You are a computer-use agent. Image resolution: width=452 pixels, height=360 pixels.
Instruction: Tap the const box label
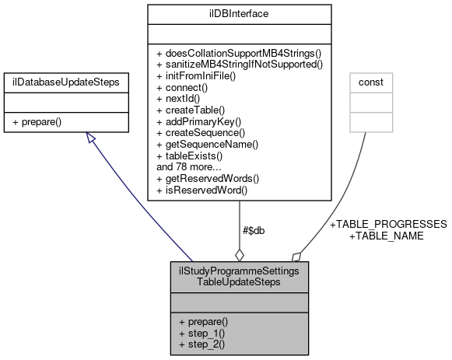click(370, 81)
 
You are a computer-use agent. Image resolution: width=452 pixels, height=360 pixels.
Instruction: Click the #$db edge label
click(254, 231)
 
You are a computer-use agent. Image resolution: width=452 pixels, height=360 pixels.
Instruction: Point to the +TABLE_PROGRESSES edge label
click(389, 224)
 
